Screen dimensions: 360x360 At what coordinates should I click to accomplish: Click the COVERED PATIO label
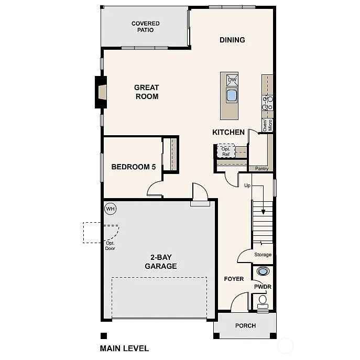pos(145,27)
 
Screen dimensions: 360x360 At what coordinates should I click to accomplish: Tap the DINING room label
pos(232,40)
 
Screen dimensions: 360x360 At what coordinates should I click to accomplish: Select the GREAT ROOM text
pos(146,92)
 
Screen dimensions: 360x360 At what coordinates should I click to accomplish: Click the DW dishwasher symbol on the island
pos(232,80)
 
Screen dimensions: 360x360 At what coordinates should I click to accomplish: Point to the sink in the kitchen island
pos(232,95)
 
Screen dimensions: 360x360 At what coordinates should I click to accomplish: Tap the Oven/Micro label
pos(267,125)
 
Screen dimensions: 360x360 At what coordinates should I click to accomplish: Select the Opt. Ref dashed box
pos(226,151)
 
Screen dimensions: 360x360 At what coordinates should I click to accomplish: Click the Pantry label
pos(261,169)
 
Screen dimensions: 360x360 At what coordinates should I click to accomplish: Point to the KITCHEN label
pos(228,132)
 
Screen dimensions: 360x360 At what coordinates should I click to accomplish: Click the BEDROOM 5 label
pos(134,167)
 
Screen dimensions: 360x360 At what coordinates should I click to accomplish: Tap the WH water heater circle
pos(110,209)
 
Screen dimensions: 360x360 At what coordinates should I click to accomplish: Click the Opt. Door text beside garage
pos(110,245)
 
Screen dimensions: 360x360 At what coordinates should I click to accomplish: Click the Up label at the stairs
pos(247,186)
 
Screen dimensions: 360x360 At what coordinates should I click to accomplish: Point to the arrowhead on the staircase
pos(263,212)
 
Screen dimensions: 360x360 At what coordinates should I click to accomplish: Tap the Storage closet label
pos(263,255)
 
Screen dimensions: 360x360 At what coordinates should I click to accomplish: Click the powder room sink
pos(263,271)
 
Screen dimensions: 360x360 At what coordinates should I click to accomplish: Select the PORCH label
pos(245,325)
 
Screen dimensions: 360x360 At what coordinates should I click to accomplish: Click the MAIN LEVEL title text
pos(124,348)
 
